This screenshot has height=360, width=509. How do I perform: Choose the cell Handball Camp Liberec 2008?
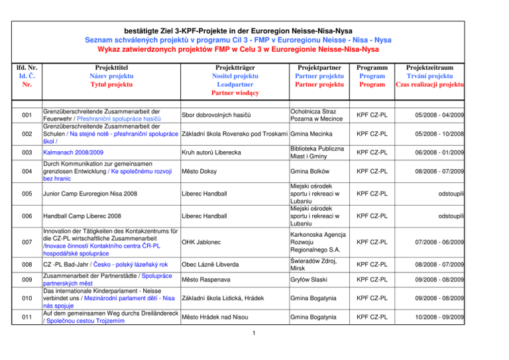[82, 216]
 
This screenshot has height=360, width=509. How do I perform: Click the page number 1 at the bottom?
[254, 350]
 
